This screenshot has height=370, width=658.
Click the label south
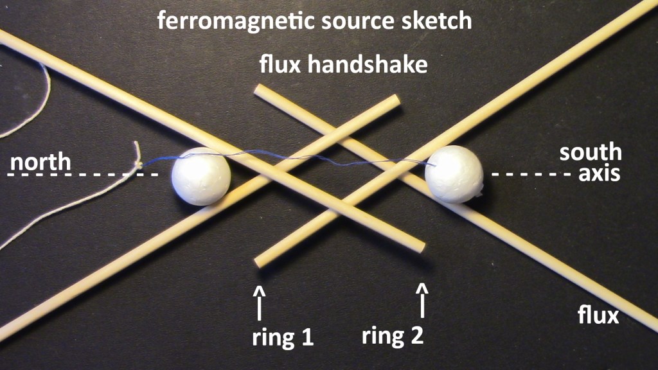591,152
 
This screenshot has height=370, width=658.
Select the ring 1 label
283,337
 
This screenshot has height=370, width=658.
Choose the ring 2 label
393,336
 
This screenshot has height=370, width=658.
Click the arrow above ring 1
260,303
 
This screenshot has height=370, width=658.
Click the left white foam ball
201,176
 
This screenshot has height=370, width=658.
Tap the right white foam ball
454,174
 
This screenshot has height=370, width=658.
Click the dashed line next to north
84,175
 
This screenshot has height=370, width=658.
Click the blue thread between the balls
321,159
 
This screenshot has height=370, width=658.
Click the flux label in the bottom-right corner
597,316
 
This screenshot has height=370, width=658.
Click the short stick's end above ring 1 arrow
258,261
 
